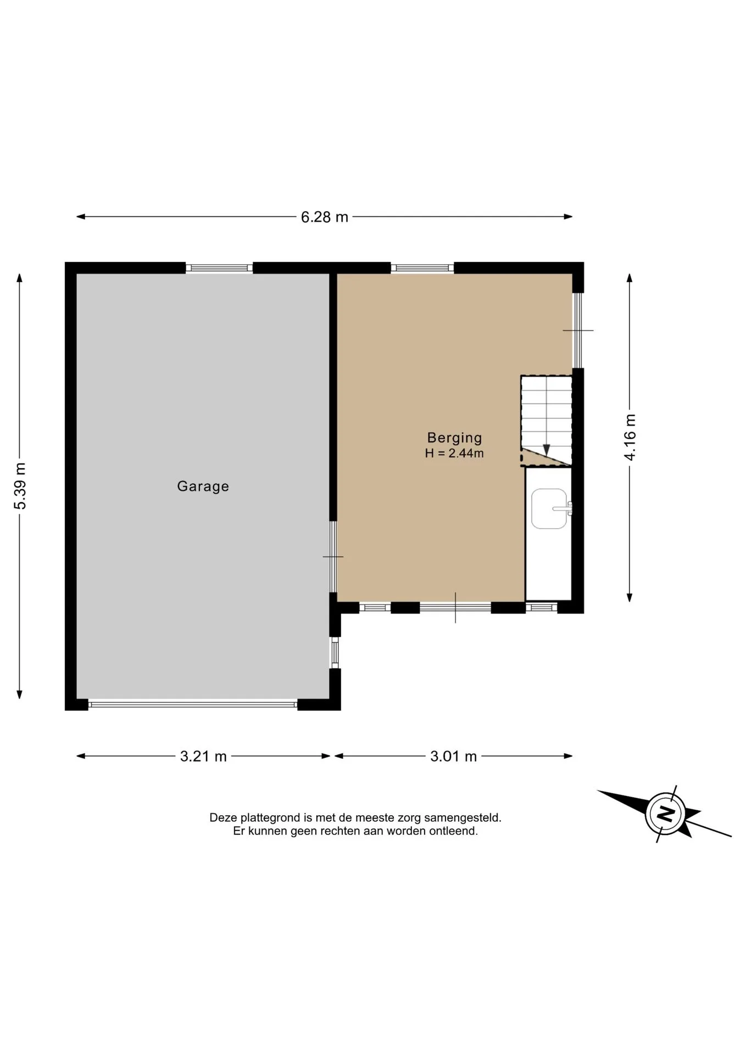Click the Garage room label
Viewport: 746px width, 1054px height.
(203, 486)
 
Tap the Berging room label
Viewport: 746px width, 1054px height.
(454, 438)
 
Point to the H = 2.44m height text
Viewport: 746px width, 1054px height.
(454, 453)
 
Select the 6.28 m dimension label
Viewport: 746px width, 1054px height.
(324, 217)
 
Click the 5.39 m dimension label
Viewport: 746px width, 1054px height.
(20, 486)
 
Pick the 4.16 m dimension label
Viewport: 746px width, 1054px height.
(630, 437)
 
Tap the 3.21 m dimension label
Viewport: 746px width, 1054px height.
(203, 756)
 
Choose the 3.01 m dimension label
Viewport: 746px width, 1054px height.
(453, 756)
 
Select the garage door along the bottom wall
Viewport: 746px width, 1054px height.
(193, 704)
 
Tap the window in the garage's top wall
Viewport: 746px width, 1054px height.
(219, 268)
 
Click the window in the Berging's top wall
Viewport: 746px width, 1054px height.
(422, 268)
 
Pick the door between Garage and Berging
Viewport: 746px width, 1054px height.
(333, 557)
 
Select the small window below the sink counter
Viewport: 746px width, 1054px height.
(542, 607)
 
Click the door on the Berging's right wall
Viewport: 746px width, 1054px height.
(578, 330)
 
